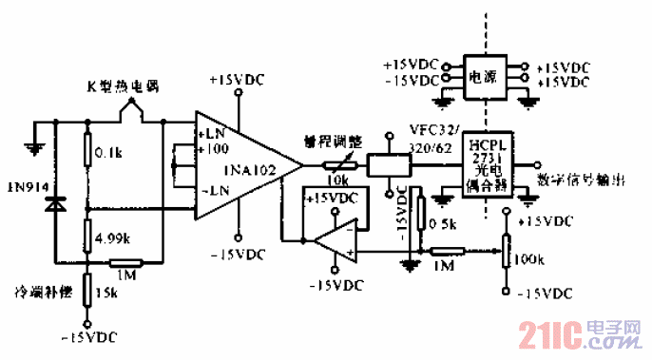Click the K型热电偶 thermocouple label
(115, 87)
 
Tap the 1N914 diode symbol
(56, 203)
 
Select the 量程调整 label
(328, 139)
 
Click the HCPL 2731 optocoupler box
(485, 166)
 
